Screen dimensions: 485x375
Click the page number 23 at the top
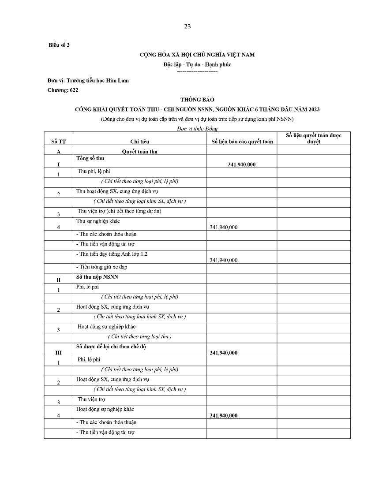[x=187, y=26]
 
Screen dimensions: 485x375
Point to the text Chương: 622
[x=63, y=90]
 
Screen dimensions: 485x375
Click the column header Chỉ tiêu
[x=139, y=142]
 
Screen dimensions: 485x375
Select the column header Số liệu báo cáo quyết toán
[x=242, y=142]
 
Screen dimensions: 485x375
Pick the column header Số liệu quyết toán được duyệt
[x=314, y=138]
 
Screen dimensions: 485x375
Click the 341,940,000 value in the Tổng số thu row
[x=242, y=164]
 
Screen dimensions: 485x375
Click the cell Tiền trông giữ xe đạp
[x=102, y=267]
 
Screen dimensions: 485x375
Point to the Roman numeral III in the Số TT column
[x=58, y=353]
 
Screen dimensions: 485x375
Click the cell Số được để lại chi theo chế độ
[x=111, y=347]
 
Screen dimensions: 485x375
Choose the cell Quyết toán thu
[x=139, y=151]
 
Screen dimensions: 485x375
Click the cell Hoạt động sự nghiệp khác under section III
[x=105, y=409]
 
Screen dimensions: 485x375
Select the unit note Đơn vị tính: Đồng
[x=197, y=129]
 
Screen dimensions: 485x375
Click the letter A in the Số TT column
[x=58, y=151]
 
